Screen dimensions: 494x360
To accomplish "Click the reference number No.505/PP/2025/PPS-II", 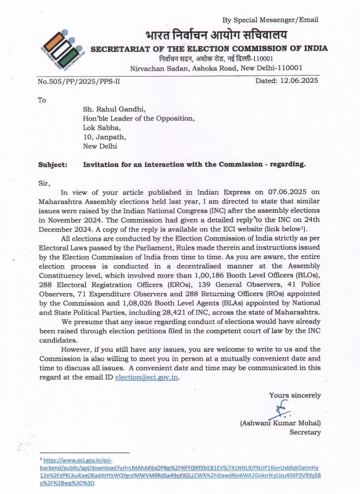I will [82, 81].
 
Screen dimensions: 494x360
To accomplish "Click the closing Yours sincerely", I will [294, 395].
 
